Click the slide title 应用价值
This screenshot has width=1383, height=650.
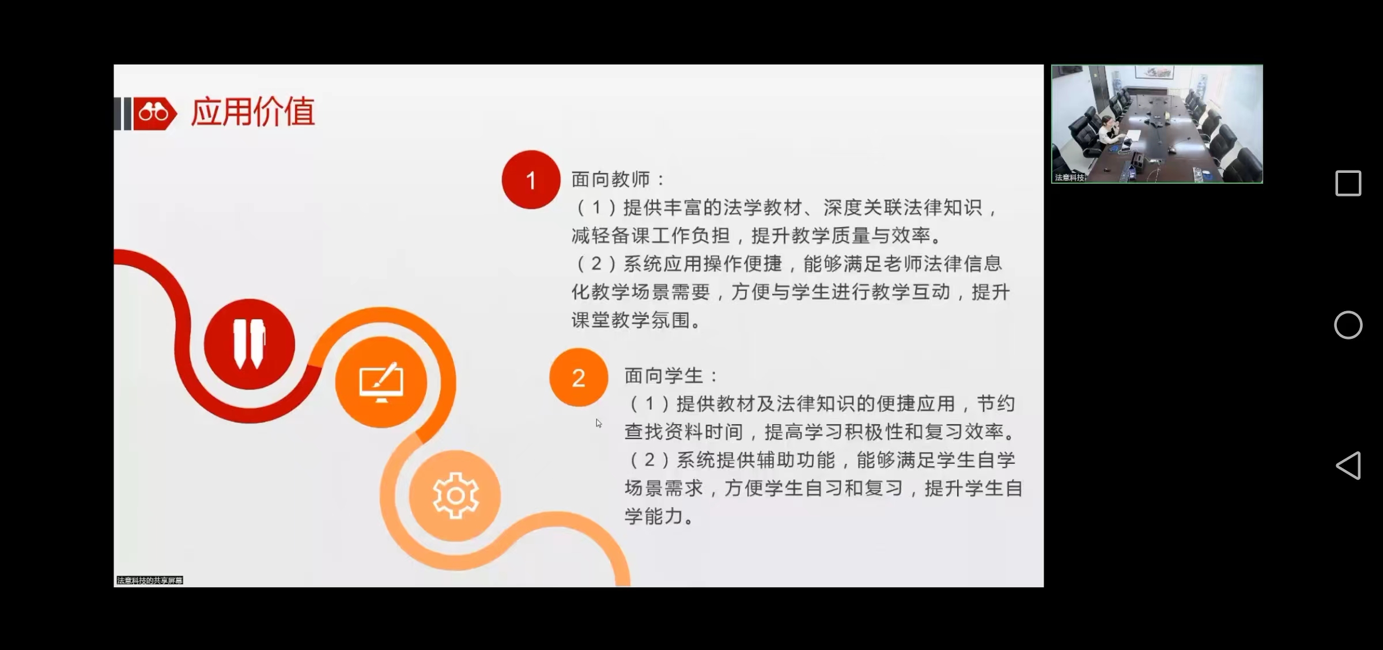pos(253,112)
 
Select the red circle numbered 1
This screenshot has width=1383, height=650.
pos(531,180)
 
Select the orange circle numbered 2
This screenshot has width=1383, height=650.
pos(579,377)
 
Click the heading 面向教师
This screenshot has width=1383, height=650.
pos(611,179)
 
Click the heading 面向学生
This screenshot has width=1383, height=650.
pos(664,376)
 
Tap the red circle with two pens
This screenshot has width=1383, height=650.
pos(250,344)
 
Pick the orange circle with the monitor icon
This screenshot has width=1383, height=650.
pos(381,382)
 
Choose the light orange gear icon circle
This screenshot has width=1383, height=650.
pos(455,496)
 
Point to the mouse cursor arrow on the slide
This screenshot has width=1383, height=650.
pos(598,423)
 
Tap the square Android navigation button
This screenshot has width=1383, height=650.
pos(1348,183)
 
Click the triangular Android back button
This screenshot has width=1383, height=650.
pos(1349,466)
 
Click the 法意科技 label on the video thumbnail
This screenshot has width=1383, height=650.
pos(1070,177)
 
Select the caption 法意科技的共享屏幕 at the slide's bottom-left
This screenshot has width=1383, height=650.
pos(150,580)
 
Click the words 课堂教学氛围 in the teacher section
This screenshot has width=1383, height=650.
pos(630,320)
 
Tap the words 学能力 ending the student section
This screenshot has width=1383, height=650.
pos(653,516)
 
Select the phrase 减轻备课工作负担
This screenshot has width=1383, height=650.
pos(651,235)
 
